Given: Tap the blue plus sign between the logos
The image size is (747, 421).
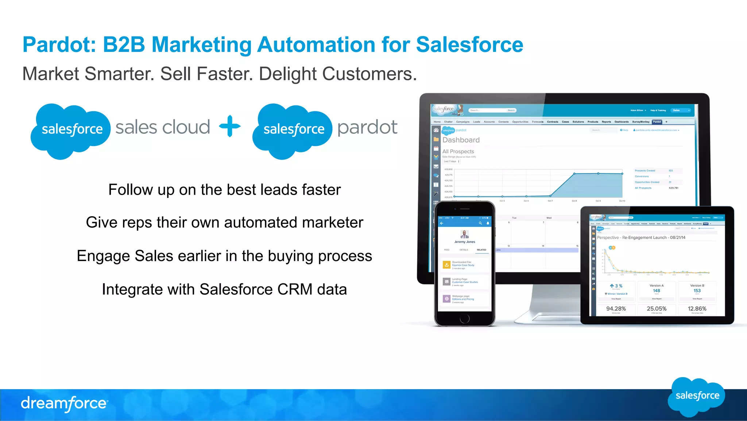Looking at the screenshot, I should [x=230, y=126].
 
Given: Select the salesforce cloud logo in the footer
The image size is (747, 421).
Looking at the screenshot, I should [x=697, y=397].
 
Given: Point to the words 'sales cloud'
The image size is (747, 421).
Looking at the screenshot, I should [x=163, y=127].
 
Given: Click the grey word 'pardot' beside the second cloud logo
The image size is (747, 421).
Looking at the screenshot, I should [x=367, y=128].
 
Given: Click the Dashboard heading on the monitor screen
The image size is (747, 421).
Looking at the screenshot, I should [x=461, y=140].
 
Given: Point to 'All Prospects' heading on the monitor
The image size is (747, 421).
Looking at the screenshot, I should [x=458, y=151].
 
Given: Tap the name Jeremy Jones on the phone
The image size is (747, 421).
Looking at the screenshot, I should [x=465, y=242].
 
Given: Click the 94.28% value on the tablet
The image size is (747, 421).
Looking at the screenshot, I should [x=616, y=309].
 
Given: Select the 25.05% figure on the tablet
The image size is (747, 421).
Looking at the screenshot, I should [x=657, y=309].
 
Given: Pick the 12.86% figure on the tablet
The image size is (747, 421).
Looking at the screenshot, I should [x=697, y=309].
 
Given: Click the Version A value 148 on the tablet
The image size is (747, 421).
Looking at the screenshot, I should [x=657, y=291].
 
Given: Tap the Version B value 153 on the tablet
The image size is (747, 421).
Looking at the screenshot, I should [x=697, y=291].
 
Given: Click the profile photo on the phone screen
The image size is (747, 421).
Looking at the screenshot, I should [x=464, y=234].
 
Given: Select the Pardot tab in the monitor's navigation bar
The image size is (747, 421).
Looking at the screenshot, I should [x=657, y=122].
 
